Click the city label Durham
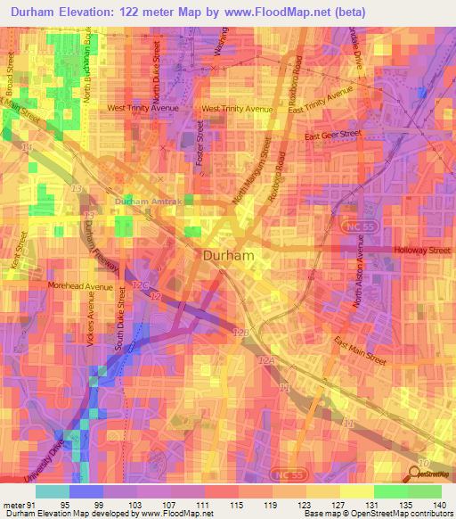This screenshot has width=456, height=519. [230, 255]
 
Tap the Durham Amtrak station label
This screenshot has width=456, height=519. [148, 202]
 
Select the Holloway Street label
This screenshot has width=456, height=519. [423, 251]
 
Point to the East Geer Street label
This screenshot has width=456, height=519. [332, 135]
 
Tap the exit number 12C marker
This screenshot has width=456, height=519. [140, 284]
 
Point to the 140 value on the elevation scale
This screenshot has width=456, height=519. [440, 504]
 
